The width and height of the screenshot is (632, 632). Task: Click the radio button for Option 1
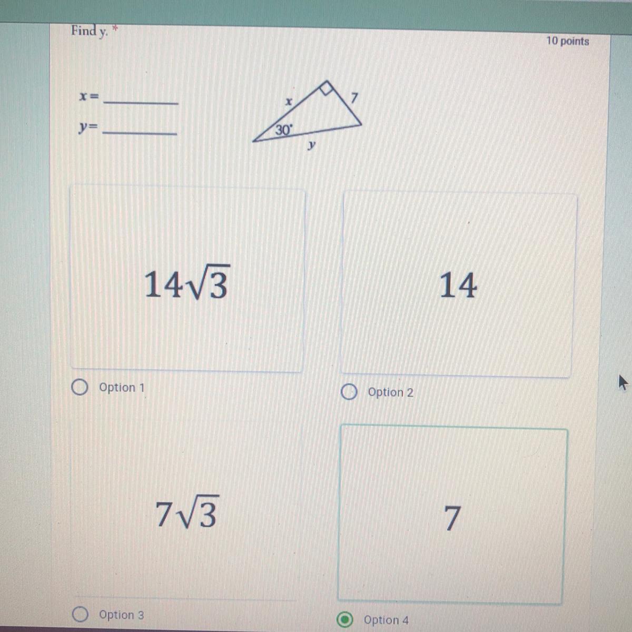(80, 387)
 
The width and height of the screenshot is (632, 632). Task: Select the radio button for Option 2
(349, 392)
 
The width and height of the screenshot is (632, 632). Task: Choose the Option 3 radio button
(80, 614)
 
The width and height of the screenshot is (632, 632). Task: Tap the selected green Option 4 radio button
(344, 619)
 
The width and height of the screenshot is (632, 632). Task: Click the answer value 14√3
(187, 283)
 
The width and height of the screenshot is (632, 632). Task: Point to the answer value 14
(458, 285)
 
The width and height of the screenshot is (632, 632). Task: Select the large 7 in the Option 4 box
(452, 518)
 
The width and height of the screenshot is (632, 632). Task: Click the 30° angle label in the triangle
(283, 130)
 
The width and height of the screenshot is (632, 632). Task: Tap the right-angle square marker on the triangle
(327, 88)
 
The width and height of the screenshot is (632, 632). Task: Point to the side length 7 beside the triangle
(354, 98)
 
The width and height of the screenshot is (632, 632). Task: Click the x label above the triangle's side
(288, 102)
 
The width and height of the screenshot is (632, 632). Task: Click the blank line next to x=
(141, 103)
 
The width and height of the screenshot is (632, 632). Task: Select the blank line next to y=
(140, 133)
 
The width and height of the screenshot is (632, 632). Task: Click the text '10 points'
(568, 41)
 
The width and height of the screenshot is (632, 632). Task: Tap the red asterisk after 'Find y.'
(114, 29)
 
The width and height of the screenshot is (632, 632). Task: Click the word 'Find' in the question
(84, 31)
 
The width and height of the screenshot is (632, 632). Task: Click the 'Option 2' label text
(390, 392)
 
